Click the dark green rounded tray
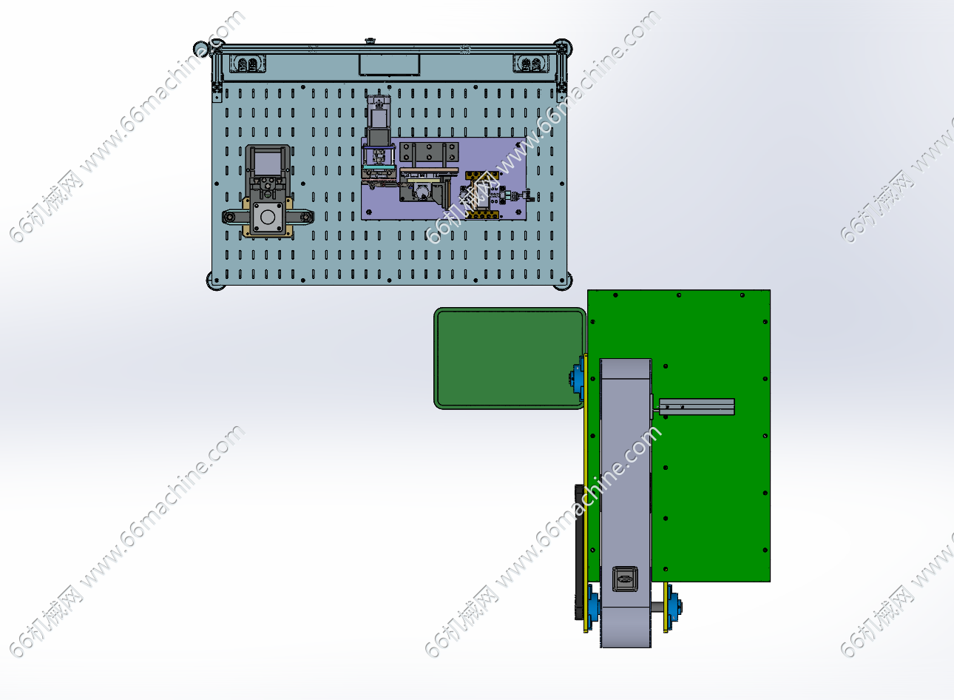pyautogui.click(x=510, y=358)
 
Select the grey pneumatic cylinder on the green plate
pyautogui.click(x=696, y=406)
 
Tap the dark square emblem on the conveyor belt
pyautogui.click(x=625, y=579)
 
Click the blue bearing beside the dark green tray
pyautogui.click(x=577, y=378)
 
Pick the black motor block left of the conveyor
pyautogui.click(x=579, y=552)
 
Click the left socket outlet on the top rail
pyautogui.click(x=248, y=64)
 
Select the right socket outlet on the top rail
pyautogui.click(x=531, y=64)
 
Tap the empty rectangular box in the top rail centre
pyautogui.click(x=389, y=65)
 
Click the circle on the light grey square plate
pyautogui.click(x=268, y=217)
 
